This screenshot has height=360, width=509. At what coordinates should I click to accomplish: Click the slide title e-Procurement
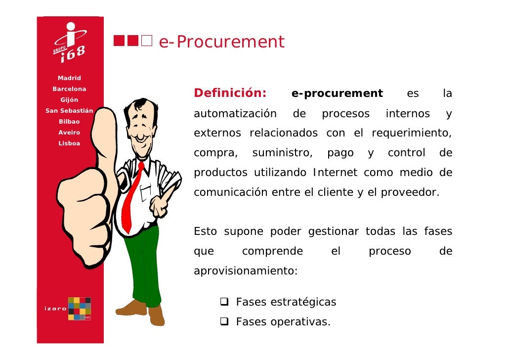coord(221,43)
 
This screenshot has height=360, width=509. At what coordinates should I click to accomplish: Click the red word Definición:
coord(230,93)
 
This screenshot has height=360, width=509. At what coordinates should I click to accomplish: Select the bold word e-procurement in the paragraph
coord(337,93)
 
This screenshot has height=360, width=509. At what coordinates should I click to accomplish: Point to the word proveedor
coord(414,192)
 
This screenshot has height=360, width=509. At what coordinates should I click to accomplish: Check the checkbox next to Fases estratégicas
coord(224,302)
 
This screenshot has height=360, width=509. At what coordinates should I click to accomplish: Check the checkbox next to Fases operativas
coord(224,322)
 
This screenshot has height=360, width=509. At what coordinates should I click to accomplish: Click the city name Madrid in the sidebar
coord(69,78)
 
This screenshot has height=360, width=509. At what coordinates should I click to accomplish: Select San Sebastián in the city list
coord(69,111)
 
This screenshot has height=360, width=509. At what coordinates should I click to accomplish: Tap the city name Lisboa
coord(69,143)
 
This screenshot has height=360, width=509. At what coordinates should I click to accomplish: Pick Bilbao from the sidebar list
coord(69,122)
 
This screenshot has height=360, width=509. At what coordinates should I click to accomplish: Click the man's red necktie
coord(132,198)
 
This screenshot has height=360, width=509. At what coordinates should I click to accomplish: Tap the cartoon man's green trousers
coord(143,262)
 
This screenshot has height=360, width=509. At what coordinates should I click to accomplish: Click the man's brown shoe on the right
coord(156,316)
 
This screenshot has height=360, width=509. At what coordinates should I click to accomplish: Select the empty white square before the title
coord(146,41)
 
